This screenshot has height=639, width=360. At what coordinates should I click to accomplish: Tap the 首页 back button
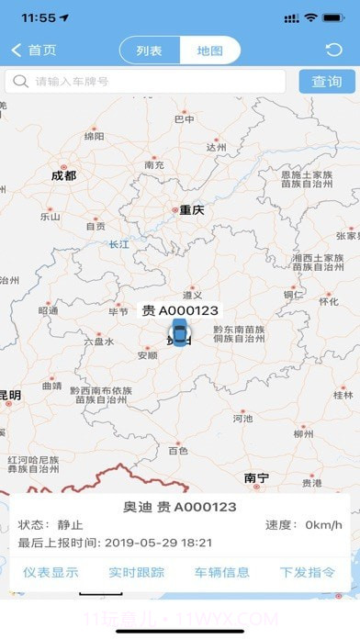point(34,50)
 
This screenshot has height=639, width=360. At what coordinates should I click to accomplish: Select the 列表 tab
point(149,50)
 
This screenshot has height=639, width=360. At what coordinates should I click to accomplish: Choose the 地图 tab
point(209,50)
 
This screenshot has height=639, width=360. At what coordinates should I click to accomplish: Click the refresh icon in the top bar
point(333,50)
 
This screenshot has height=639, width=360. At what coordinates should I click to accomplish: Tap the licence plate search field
point(147,82)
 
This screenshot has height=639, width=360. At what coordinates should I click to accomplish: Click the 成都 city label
point(63,174)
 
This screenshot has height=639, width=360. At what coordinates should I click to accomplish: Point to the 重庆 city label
point(191,210)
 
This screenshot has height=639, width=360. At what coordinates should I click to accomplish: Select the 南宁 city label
point(256,477)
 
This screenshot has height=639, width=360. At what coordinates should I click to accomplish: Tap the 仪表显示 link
point(51,572)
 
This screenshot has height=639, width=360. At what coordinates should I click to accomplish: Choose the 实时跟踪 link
point(136,572)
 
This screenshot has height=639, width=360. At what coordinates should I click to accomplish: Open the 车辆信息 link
point(221,572)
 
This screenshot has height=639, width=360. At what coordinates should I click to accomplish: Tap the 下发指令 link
point(307,572)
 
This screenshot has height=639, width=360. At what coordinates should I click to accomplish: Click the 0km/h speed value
point(324,525)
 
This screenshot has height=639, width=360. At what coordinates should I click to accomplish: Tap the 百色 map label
point(178,451)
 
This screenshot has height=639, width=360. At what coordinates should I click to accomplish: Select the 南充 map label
point(154,165)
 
